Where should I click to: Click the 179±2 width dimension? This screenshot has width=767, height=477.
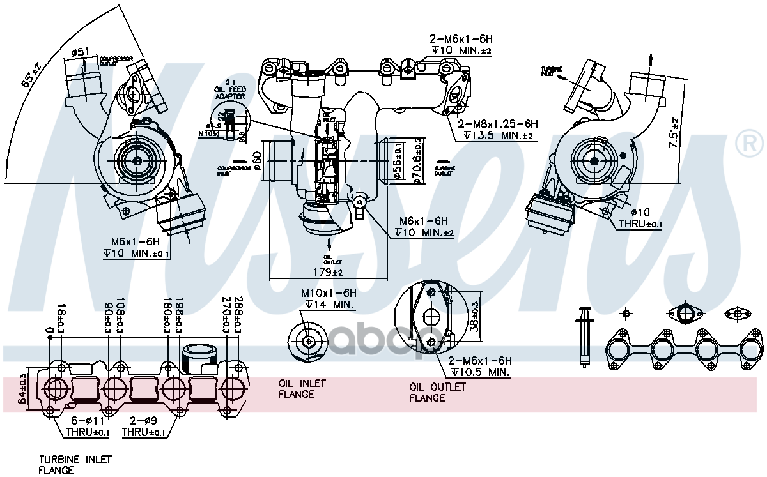pyautogui.click(x=328, y=273)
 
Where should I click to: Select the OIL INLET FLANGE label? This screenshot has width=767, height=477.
pyautogui.click(x=302, y=388)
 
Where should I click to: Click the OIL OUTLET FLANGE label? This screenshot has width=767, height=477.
pyautogui.click(x=437, y=392)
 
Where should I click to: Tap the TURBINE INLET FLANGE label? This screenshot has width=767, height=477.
pyautogui.click(x=66, y=464)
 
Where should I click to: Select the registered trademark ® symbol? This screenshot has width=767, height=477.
pyautogui.click(x=749, y=145)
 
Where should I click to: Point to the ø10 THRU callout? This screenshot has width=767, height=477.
pyautogui.click(x=640, y=218)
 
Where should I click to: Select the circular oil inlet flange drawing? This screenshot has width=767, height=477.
pyautogui.click(x=309, y=342)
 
